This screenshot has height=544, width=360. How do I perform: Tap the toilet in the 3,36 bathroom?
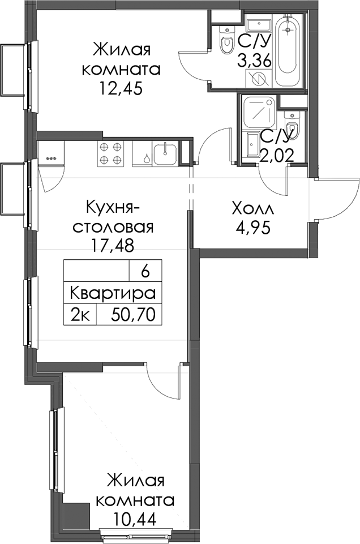[x=227, y=39]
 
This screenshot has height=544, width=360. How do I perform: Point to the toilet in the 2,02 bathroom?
[x=291, y=125]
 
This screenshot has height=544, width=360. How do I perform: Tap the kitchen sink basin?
[x=165, y=154]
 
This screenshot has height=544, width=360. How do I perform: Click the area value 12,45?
[x=121, y=89]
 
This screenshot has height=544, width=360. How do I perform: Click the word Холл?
[x=253, y=209]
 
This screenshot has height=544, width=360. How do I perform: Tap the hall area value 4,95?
[x=252, y=228]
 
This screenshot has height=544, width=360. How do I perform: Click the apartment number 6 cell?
[x=145, y=272]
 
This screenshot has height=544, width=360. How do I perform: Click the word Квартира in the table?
[x=113, y=293]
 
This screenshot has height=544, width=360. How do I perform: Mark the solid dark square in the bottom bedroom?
[x=76, y=515]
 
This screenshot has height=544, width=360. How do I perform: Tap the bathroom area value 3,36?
[x=254, y=62]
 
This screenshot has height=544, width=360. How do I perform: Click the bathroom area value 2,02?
[x=277, y=156]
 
